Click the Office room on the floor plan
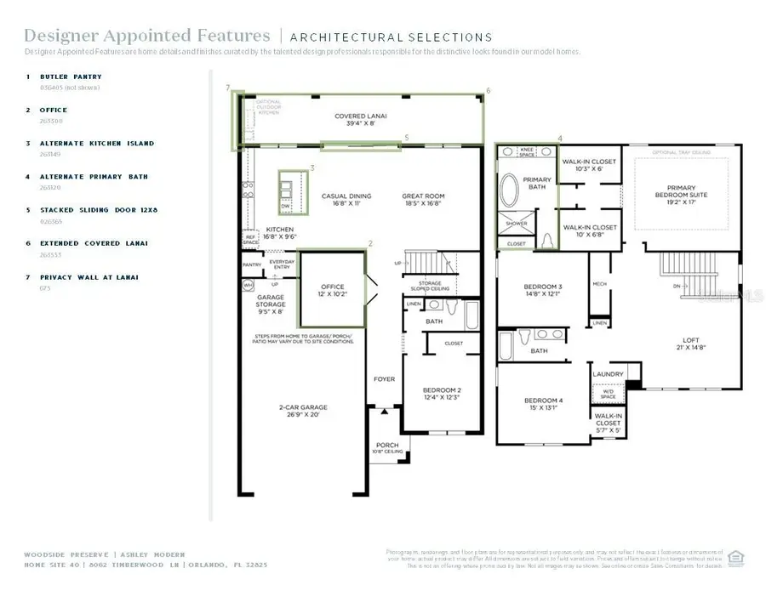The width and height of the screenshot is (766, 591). click(x=332, y=290)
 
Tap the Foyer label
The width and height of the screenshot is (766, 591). click(x=385, y=378)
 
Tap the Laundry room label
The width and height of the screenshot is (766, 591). click(x=608, y=374)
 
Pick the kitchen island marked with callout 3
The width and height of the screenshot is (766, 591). click(x=286, y=191)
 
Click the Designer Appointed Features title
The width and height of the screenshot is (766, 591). click(x=146, y=36)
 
